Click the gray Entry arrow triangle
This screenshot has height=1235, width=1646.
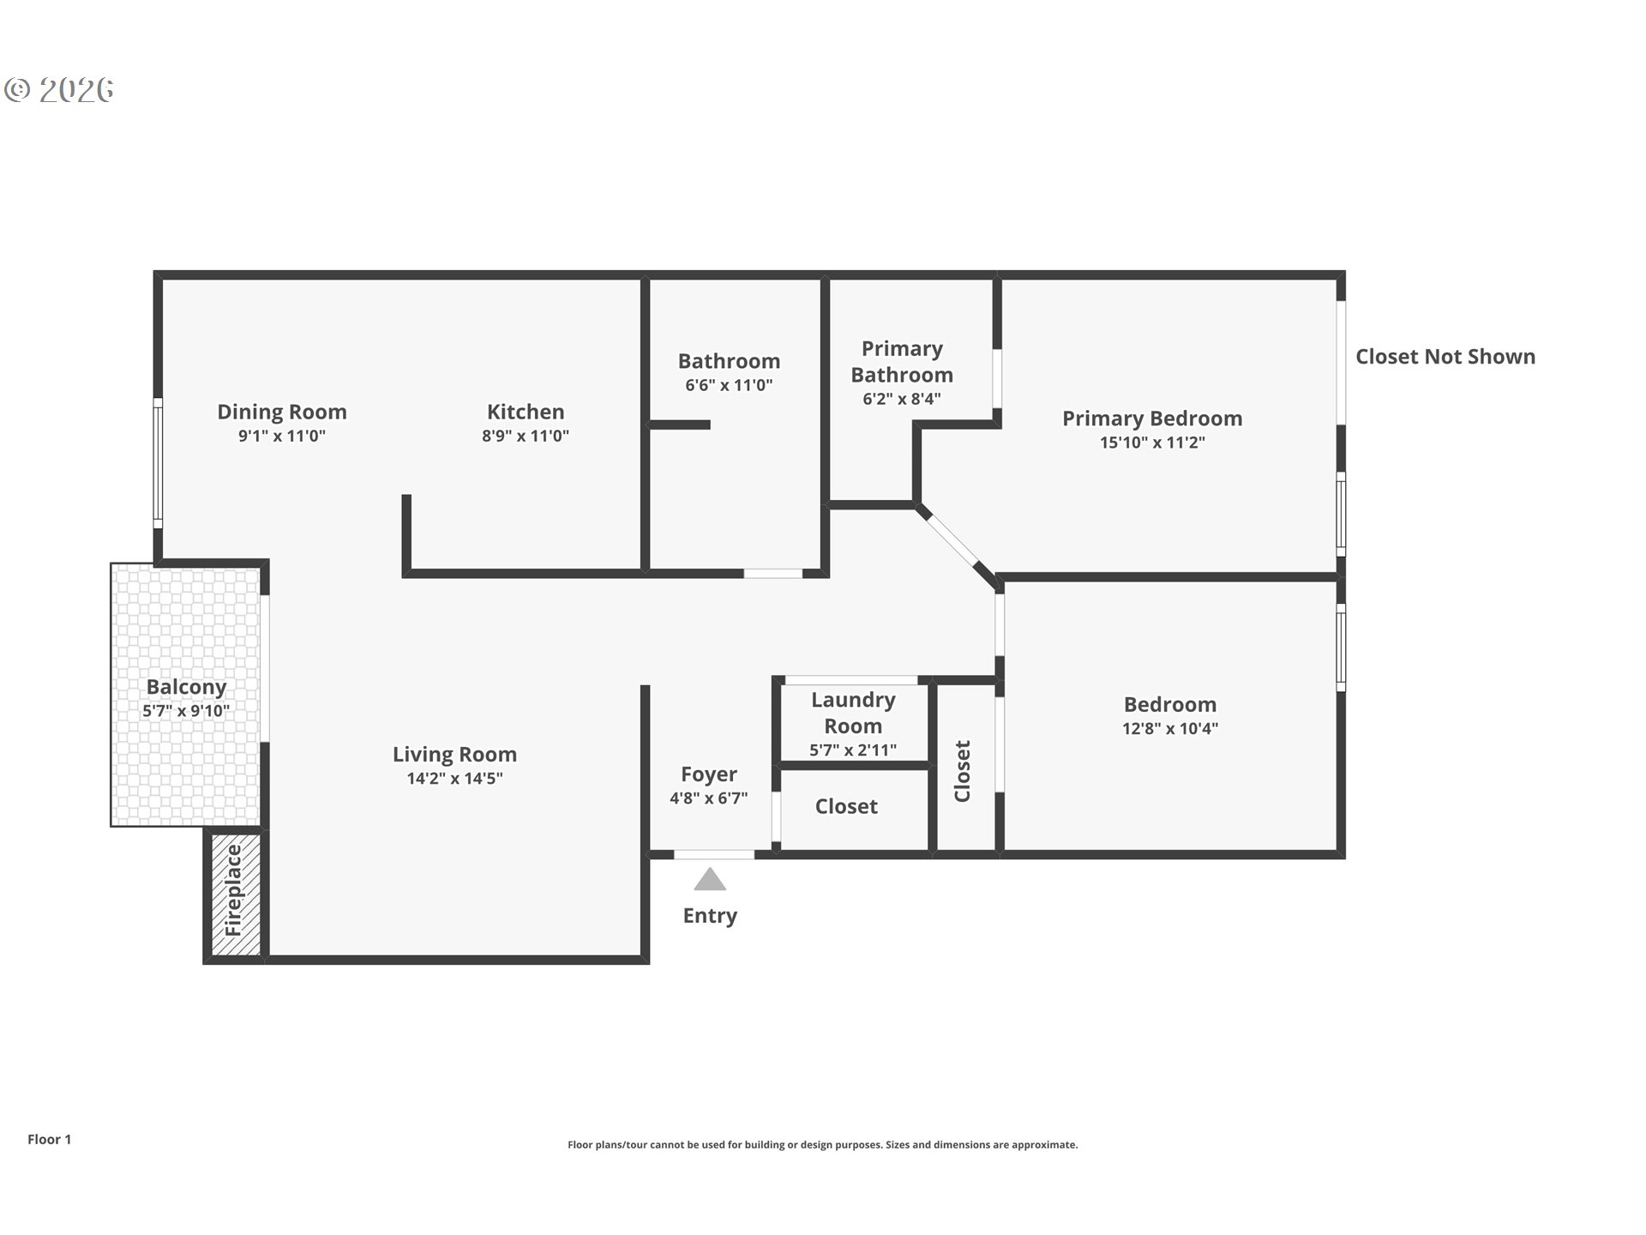pyautogui.click(x=709, y=881)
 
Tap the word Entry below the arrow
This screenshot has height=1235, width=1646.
pyautogui.click(x=710, y=915)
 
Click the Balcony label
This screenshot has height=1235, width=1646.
pyautogui.click(x=186, y=687)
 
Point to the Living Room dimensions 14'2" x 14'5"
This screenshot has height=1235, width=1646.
pyautogui.click(x=454, y=779)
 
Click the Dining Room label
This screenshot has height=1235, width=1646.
pyautogui.click(x=282, y=412)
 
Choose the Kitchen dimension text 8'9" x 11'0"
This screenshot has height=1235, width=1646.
pyautogui.click(x=525, y=436)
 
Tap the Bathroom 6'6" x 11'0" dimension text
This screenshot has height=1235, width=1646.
pyautogui.click(x=729, y=385)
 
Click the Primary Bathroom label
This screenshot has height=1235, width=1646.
pyautogui.click(x=902, y=362)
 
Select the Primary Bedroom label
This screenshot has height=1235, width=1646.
pyautogui.click(x=1152, y=419)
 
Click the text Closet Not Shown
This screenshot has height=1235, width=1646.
pyautogui.click(x=1445, y=357)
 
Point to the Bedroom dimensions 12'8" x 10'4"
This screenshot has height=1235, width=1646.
pyautogui.click(x=1169, y=729)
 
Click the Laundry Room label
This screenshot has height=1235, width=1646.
pyautogui.click(x=853, y=713)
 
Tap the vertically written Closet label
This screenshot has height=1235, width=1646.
pyautogui.click(x=963, y=771)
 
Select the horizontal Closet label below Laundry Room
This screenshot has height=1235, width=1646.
pyautogui.click(x=846, y=806)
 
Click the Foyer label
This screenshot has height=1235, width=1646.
pyautogui.click(x=708, y=774)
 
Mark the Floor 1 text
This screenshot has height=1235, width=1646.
pyautogui.click(x=49, y=1139)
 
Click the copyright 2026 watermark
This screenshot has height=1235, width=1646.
pyautogui.click(x=59, y=90)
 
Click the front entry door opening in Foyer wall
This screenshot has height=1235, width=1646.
pyautogui.click(x=713, y=854)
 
